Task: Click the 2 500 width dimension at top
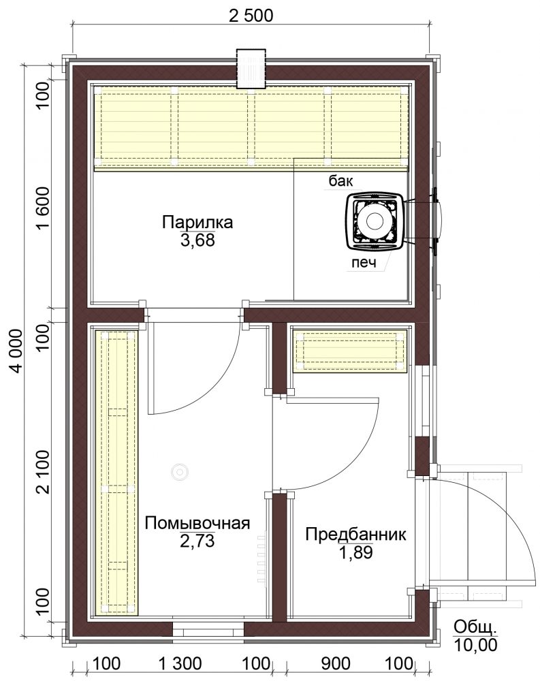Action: coord(251,16)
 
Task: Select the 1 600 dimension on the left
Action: coord(44,209)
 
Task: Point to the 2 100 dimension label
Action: coord(44,473)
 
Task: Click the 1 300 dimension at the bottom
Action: coord(180,663)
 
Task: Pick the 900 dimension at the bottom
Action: coord(336,663)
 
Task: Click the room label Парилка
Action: coord(197,223)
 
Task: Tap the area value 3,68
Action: coord(197,240)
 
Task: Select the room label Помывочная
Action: coord(197,523)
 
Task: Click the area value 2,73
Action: coord(197,541)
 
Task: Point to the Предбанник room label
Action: coord(355,534)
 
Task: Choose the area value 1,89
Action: coord(355,552)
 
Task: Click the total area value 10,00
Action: coord(476,645)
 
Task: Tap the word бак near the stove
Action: coord(341,180)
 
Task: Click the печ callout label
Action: coord(364,263)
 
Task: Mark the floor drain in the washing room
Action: coord(178,472)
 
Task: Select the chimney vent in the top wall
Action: coord(251,69)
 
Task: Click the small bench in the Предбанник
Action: coord(350,351)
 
